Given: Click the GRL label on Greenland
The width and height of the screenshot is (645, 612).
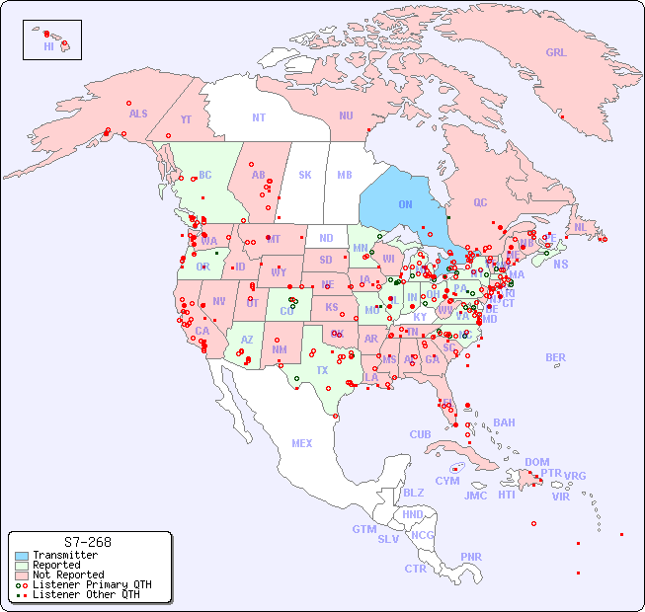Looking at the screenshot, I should [556, 53].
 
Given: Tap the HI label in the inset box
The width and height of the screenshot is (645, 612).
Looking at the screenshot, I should [48, 46].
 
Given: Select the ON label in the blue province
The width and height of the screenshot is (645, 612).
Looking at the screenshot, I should [405, 204].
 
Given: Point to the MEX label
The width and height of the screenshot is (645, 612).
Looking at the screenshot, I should [302, 443].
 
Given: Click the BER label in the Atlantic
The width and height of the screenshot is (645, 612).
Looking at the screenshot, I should [556, 357].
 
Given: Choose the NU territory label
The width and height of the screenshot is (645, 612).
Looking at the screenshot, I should [346, 115].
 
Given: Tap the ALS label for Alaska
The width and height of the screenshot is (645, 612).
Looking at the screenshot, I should [138, 114].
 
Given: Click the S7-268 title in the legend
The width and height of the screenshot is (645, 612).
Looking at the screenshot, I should [87, 542].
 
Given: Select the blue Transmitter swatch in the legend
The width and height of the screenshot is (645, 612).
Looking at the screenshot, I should [22, 556].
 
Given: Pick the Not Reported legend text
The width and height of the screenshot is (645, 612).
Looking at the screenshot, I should [67, 574].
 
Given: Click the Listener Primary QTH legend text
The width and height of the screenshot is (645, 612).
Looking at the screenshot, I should [91, 584].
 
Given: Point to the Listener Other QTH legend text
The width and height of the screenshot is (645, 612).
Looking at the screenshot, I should [85, 594].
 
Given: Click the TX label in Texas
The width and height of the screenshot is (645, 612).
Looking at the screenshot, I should [322, 370].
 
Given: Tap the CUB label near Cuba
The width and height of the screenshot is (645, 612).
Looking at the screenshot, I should [420, 434].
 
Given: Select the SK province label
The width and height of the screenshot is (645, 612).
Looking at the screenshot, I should [305, 175].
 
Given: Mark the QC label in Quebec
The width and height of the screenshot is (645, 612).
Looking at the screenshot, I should [480, 202].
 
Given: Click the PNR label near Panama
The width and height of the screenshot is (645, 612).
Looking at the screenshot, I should [471, 557].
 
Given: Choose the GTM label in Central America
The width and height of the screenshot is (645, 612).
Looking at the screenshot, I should [363, 529].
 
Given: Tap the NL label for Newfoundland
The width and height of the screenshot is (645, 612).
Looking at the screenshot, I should [580, 226].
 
